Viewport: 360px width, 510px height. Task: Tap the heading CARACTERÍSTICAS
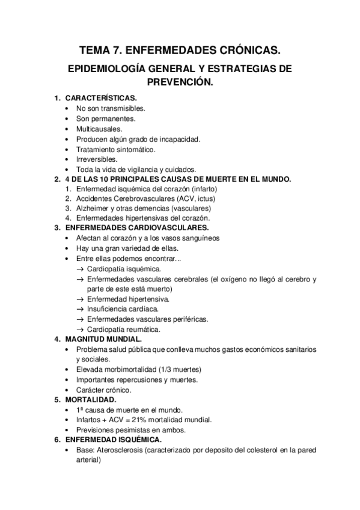click(x=101, y=98)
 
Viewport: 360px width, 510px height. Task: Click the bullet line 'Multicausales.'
click(x=99, y=129)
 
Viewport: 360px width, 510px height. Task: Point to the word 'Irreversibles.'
click(x=97, y=159)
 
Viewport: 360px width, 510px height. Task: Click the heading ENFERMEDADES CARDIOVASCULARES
click(x=137, y=228)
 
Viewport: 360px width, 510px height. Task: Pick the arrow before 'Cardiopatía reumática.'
click(x=80, y=330)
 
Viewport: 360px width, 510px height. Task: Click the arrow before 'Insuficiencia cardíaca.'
click(x=80, y=309)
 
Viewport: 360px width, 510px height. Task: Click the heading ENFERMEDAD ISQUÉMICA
click(x=109, y=440)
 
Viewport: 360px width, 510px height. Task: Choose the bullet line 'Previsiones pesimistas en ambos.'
click(x=131, y=430)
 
